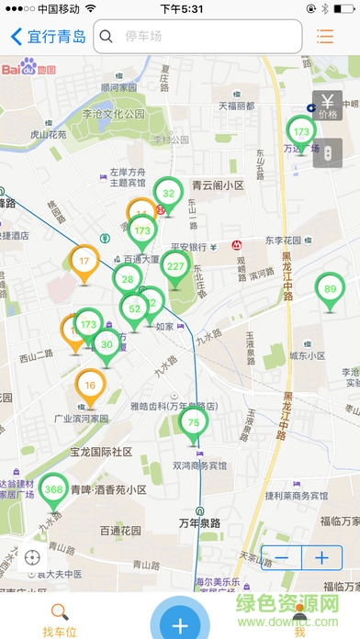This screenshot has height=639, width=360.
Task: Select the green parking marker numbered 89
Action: pos(330,289)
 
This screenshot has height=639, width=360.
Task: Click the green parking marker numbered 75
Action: pos(192,422)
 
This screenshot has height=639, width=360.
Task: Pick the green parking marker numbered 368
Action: pos(53,490)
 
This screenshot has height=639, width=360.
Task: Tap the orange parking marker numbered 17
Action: pos(84,262)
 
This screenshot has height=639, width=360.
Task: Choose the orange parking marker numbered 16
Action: pos(90,386)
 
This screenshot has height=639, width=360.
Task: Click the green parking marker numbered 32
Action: pos(168,194)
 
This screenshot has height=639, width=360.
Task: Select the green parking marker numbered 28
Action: pos(128,279)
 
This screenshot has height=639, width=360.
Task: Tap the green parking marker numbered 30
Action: pos(107,345)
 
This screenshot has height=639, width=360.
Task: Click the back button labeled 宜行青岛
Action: pos(48,37)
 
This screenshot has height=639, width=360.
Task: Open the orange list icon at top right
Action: pos(324,37)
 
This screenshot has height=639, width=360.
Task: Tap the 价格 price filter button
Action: pos(327,106)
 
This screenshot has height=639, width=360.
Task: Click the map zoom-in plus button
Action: pos(321,557)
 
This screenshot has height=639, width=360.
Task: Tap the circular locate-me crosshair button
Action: pos(33,557)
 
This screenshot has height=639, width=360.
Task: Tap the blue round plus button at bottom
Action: pos(180,623)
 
